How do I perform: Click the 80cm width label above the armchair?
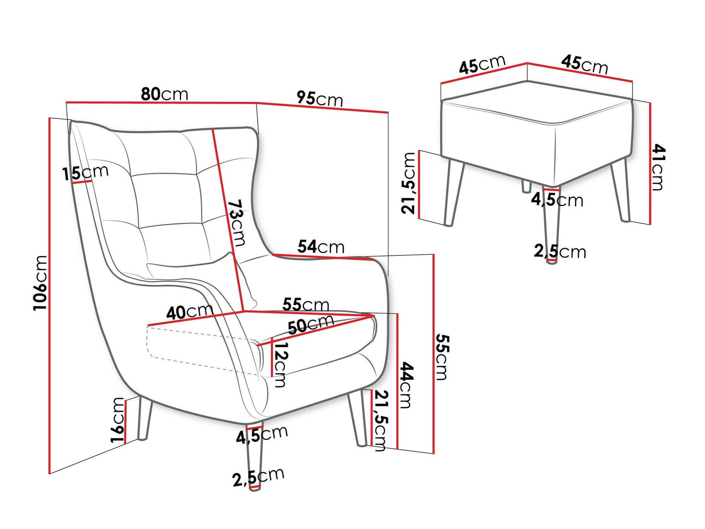click(164, 94)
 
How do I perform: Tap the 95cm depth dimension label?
click(320, 98)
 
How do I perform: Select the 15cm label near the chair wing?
click(85, 172)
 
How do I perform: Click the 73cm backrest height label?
click(236, 223)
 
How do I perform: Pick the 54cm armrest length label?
click(321, 247)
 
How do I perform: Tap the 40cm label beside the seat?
click(190, 312)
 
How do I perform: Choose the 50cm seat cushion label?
click(311, 324)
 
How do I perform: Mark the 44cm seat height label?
click(406, 385)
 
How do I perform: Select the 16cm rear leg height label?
click(118, 420)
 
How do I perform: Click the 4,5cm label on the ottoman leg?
click(557, 200)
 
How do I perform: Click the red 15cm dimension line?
click(82, 182)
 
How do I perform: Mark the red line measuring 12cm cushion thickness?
click(272, 357)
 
